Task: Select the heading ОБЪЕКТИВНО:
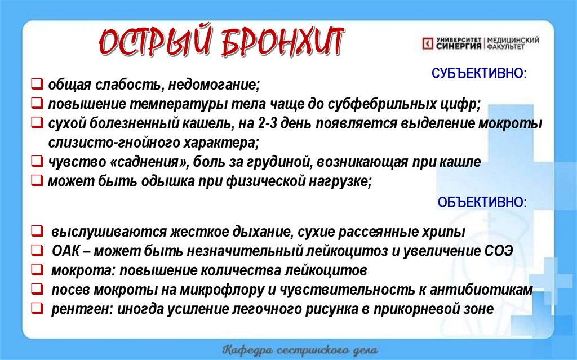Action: pos(482,202)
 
